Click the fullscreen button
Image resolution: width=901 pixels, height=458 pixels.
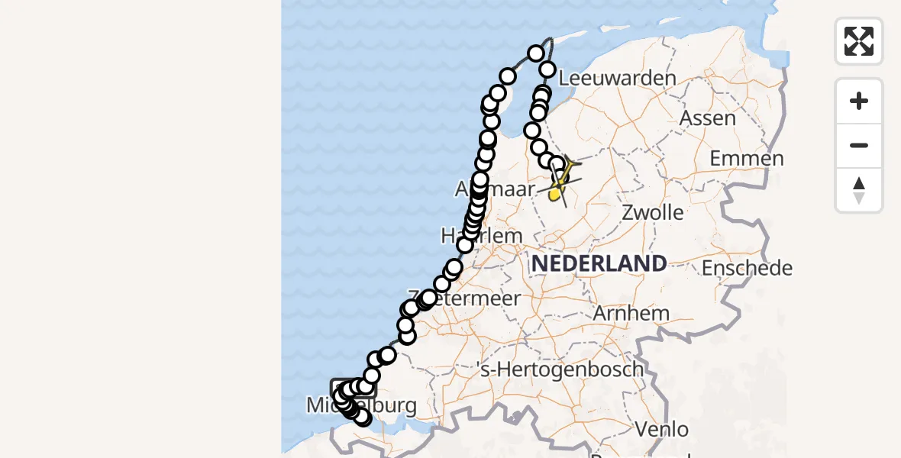[859, 41]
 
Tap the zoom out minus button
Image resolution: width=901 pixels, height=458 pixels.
[859, 146]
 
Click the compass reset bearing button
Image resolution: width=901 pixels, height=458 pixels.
[859, 190]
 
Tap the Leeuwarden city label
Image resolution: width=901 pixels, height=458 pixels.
[618, 79]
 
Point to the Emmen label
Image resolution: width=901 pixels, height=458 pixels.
[746, 159]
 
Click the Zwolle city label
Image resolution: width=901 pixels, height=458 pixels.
[652, 212]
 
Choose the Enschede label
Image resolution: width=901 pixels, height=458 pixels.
[747, 268]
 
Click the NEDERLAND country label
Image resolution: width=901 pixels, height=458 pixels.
[599, 264]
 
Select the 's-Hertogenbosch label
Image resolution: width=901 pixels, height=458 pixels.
[559, 369]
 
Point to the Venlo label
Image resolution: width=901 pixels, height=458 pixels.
[661, 429]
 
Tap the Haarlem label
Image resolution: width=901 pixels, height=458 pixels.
[482, 235]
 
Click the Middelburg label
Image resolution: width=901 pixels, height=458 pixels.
[361, 405]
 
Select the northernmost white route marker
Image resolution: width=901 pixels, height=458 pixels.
[536, 53]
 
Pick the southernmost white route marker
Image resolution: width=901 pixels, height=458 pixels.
[362, 418]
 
